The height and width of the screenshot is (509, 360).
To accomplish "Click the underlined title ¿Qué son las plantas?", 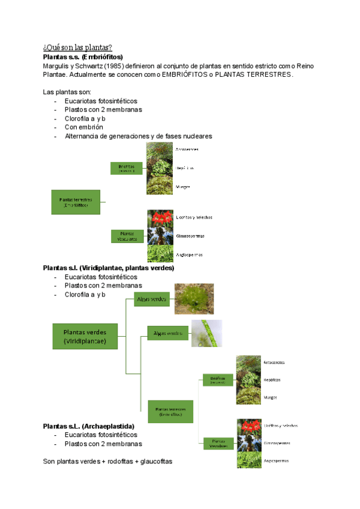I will (77, 47).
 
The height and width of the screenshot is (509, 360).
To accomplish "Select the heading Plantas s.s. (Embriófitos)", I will (83, 56).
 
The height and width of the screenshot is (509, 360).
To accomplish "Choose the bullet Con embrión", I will (84, 127).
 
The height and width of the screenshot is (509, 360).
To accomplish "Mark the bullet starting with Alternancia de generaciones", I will (138, 136).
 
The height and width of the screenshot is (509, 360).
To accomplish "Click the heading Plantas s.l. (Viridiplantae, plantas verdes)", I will (109, 268).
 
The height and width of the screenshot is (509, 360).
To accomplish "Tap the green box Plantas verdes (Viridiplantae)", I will (85, 336).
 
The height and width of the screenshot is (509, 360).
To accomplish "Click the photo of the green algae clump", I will (194, 299).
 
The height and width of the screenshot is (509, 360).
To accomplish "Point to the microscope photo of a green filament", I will (206, 334).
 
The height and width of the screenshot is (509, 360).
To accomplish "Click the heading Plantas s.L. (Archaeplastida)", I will (89, 426).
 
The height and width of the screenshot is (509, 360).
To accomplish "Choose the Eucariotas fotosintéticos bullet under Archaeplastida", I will (101, 435).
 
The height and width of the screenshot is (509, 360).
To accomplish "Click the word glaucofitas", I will (155, 461).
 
